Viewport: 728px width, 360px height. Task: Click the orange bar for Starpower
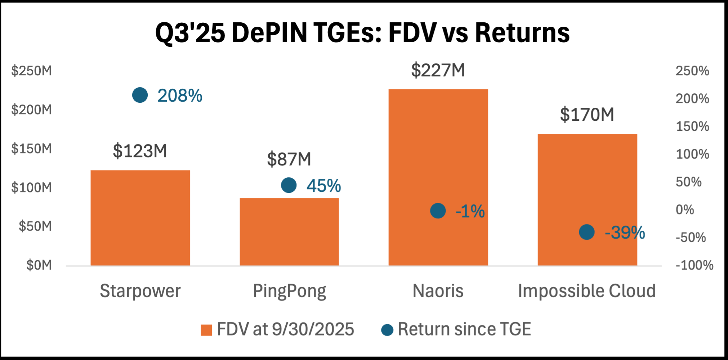coord(140,218)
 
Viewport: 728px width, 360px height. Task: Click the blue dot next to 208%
coord(140,95)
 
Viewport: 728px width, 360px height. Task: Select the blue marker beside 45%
coord(289,185)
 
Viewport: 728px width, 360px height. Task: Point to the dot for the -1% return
coord(438,211)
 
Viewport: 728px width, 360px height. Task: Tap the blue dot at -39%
coord(587,232)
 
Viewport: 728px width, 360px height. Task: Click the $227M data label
coord(438,70)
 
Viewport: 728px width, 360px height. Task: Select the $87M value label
coord(289,159)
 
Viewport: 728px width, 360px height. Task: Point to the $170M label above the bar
coord(587,115)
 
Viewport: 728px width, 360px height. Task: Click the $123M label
coord(140,151)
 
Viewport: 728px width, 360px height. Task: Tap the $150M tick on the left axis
coord(32,148)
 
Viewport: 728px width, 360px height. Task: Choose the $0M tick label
coord(39,265)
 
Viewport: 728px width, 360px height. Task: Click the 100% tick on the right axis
coord(692,154)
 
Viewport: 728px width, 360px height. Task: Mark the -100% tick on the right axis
coord(694,265)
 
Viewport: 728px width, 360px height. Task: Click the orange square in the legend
coord(206,330)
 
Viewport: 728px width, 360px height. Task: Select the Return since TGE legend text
coord(464,329)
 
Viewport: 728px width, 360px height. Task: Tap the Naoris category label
coord(438,291)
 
